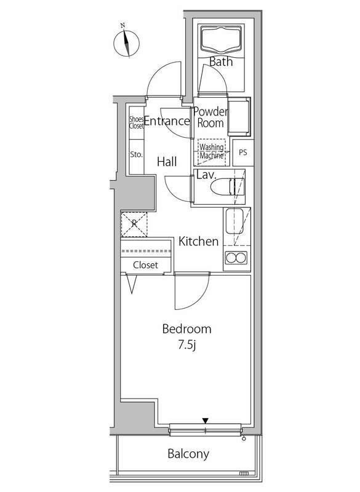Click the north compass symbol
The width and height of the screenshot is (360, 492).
(x=126, y=43)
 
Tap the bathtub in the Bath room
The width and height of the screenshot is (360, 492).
(x=222, y=39)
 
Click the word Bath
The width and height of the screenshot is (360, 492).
(x=221, y=61)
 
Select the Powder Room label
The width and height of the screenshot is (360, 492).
(x=210, y=117)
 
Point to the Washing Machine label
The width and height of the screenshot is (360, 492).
(x=212, y=151)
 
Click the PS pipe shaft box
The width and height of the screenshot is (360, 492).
(x=243, y=153)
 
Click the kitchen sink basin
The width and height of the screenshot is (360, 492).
(x=234, y=221)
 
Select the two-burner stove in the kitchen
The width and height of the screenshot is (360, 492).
(x=236, y=258)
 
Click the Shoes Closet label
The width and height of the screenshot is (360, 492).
(x=136, y=122)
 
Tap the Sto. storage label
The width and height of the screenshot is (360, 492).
(x=136, y=154)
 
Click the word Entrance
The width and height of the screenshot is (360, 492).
(x=167, y=121)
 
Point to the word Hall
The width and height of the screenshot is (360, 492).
(x=167, y=162)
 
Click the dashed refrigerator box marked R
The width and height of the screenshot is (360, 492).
(x=134, y=224)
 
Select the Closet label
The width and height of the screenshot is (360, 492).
(x=145, y=265)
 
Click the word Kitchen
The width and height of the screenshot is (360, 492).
(x=198, y=241)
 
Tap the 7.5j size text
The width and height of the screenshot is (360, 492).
(x=187, y=346)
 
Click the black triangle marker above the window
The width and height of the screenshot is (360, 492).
(x=206, y=421)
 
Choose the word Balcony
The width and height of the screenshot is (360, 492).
(x=188, y=454)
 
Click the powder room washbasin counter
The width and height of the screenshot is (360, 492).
(x=239, y=117)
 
